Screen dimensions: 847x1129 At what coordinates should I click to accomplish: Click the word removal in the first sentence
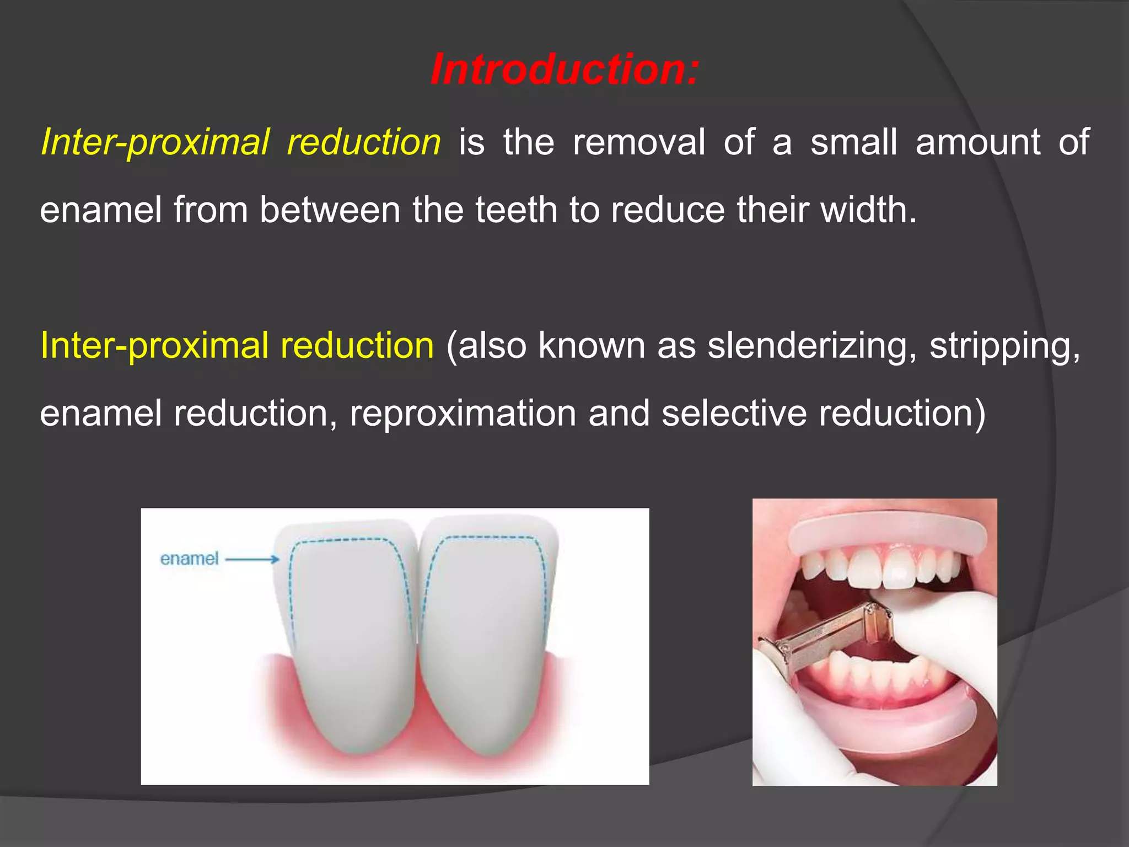pyautogui.click(x=639, y=142)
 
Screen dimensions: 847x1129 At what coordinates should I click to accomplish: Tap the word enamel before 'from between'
pyautogui.click(x=100, y=210)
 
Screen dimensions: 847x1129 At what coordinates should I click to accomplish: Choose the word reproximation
pyautogui.click(x=463, y=414)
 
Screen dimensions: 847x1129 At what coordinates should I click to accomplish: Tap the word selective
pyautogui.click(x=734, y=414)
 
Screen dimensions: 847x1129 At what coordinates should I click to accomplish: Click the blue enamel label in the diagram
pyautogui.click(x=189, y=559)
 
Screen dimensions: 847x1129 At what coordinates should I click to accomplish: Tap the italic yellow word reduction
pyautogui.click(x=364, y=142)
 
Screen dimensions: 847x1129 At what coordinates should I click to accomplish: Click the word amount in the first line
pyautogui.click(x=977, y=142)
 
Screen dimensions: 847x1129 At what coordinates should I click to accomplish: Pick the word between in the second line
pyautogui.click(x=330, y=210)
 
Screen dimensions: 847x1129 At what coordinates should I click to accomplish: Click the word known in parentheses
pyautogui.click(x=592, y=346)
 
